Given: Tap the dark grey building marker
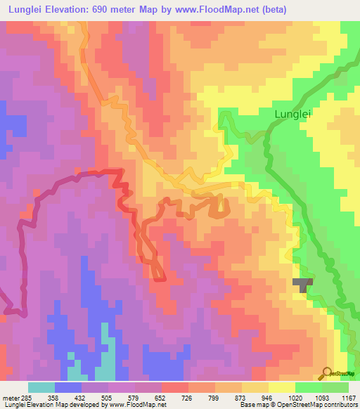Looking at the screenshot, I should [303, 284].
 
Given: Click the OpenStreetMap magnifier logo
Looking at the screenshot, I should [327, 373].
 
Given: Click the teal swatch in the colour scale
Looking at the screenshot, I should [41, 387].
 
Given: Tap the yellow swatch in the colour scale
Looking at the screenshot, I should [281, 387].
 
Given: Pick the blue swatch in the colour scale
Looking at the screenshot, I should [68, 387].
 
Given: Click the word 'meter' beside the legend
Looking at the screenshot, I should [9, 397].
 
